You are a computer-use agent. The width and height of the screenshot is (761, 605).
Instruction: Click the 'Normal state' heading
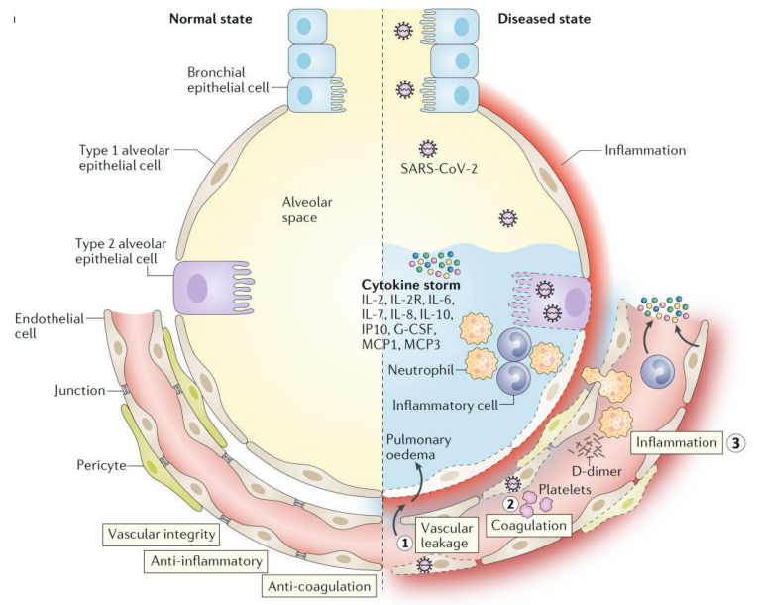pos(211,19)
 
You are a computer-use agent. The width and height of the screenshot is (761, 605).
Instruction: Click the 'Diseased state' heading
pos(544,19)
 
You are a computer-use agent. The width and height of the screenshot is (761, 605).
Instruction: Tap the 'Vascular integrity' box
pos(162,534)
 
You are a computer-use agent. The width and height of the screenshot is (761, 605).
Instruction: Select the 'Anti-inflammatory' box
pos(206,561)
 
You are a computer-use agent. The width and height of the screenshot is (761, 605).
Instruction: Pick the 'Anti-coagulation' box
pos(319,586)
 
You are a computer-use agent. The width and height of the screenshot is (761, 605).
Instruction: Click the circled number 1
pos(405,543)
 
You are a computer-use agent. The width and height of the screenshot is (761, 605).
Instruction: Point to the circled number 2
pos(510,504)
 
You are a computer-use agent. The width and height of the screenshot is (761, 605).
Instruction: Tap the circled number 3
pos(735,443)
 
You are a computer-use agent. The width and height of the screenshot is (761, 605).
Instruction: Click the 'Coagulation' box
pos(529,526)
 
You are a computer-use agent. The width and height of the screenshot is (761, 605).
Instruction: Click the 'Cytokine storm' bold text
pos(410,285)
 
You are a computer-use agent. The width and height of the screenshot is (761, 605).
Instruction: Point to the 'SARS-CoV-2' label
pos(439,169)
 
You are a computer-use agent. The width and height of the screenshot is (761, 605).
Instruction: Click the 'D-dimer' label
pos(597,470)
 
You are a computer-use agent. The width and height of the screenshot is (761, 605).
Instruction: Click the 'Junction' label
pos(79,390)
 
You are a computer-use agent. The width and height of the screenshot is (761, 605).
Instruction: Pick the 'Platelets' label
pos(565,489)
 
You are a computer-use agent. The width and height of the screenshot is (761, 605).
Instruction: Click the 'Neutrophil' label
pos(421,370)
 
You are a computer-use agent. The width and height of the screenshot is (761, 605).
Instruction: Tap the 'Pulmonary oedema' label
pos(418,447)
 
